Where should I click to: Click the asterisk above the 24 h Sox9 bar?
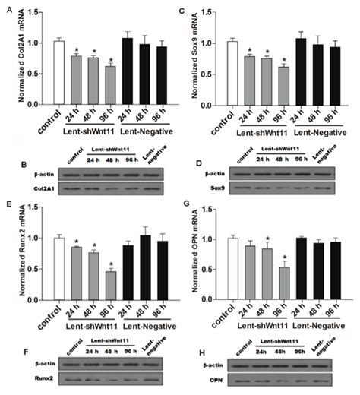270,50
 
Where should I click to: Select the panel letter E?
8,204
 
